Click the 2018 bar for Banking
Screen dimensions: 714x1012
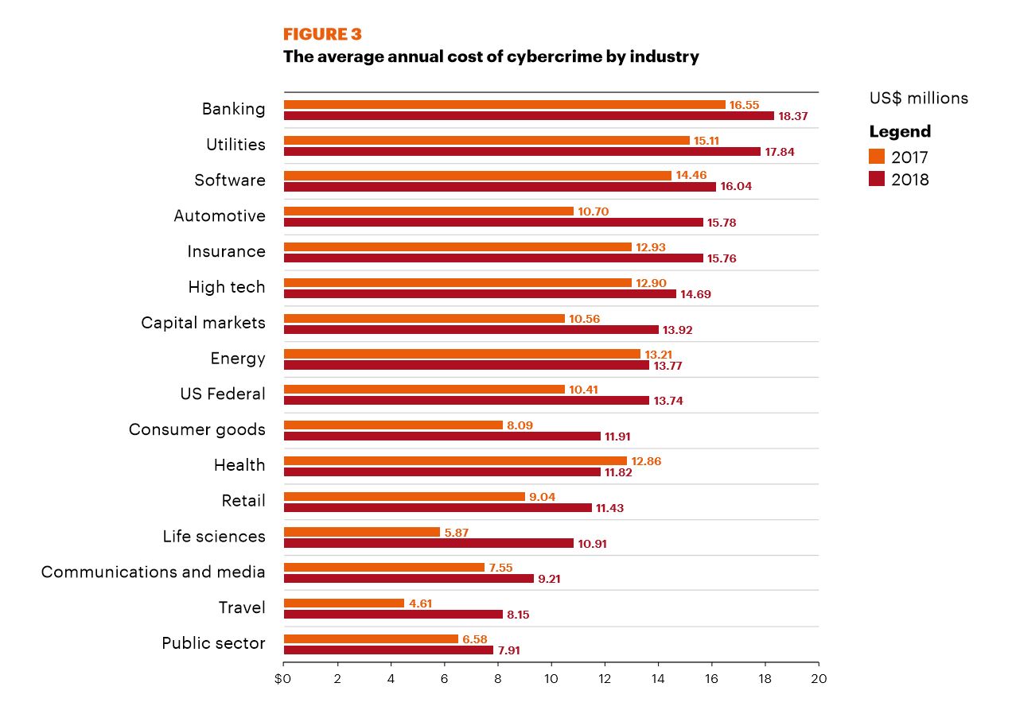pos(529,116)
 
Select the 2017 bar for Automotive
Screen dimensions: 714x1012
pos(428,211)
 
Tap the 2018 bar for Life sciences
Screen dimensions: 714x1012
pos(428,543)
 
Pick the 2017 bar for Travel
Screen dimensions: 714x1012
pos(344,603)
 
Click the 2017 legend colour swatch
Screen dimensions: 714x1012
pos(877,157)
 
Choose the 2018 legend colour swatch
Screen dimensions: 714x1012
pos(877,179)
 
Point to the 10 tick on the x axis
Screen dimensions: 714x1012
pos(551,679)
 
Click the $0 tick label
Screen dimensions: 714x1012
pos(282,679)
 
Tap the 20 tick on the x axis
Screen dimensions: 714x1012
pos(818,679)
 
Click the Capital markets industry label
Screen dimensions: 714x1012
pos(203,323)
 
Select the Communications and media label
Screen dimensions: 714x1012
pos(153,572)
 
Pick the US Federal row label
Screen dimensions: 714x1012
pos(223,394)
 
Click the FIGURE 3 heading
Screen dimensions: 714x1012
pos(322,34)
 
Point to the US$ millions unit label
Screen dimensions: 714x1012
pos(918,98)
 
